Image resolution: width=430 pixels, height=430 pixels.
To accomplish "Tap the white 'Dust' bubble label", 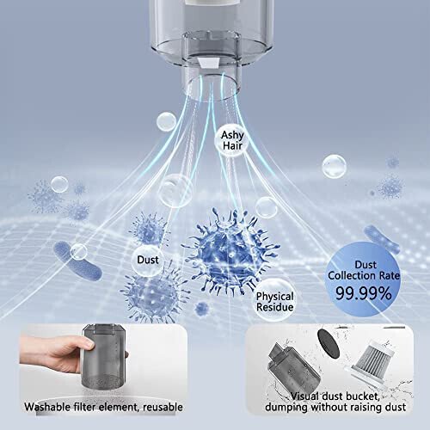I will click(x=147, y=258).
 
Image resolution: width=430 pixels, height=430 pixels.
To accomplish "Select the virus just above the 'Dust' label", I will click(x=147, y=229).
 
